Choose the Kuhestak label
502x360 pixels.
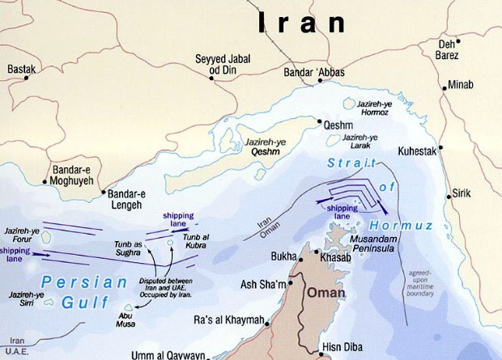tap(416, 151)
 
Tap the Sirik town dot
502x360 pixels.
tap(449, 195)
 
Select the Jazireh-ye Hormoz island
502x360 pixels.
tap(351, 104)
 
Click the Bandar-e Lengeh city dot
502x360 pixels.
tap(103, 193)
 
